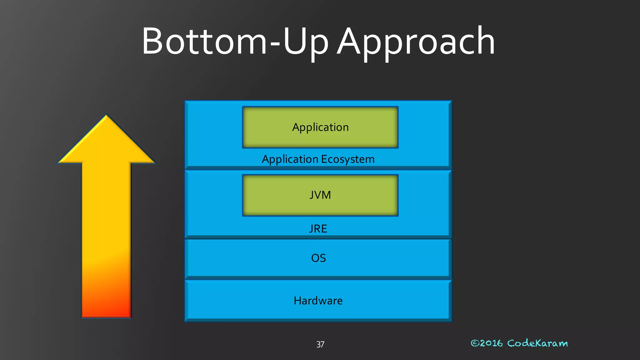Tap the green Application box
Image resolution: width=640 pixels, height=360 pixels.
tap(320, 127)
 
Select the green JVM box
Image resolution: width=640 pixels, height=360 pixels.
tap(320, 195)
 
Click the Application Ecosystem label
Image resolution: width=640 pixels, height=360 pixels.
tap(318, 159)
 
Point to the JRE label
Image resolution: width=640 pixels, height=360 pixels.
tap(318, 229)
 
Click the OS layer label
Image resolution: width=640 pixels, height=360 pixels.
tap(318, 258)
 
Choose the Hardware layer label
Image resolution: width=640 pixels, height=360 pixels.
tap(318, 301)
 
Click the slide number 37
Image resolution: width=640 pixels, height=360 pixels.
tap(320, 344)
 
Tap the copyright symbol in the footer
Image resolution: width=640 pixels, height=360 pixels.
tap(475, 343)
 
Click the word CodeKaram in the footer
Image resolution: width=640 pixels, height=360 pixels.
tap(537, 343)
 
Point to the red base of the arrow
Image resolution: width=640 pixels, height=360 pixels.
tap(106, 309)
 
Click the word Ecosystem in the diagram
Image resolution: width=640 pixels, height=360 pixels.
tap(347, 159)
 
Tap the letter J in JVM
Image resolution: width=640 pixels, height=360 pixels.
tap(312, 195)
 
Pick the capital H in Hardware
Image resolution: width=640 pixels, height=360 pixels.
tap(297, 301)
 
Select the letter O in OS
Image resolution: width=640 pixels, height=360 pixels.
tap(315, 258)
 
